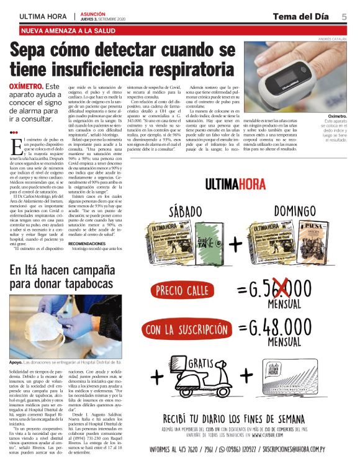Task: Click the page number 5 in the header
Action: click(x=344, y=16)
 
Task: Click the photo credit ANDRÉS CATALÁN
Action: click(x=335, y=39)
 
